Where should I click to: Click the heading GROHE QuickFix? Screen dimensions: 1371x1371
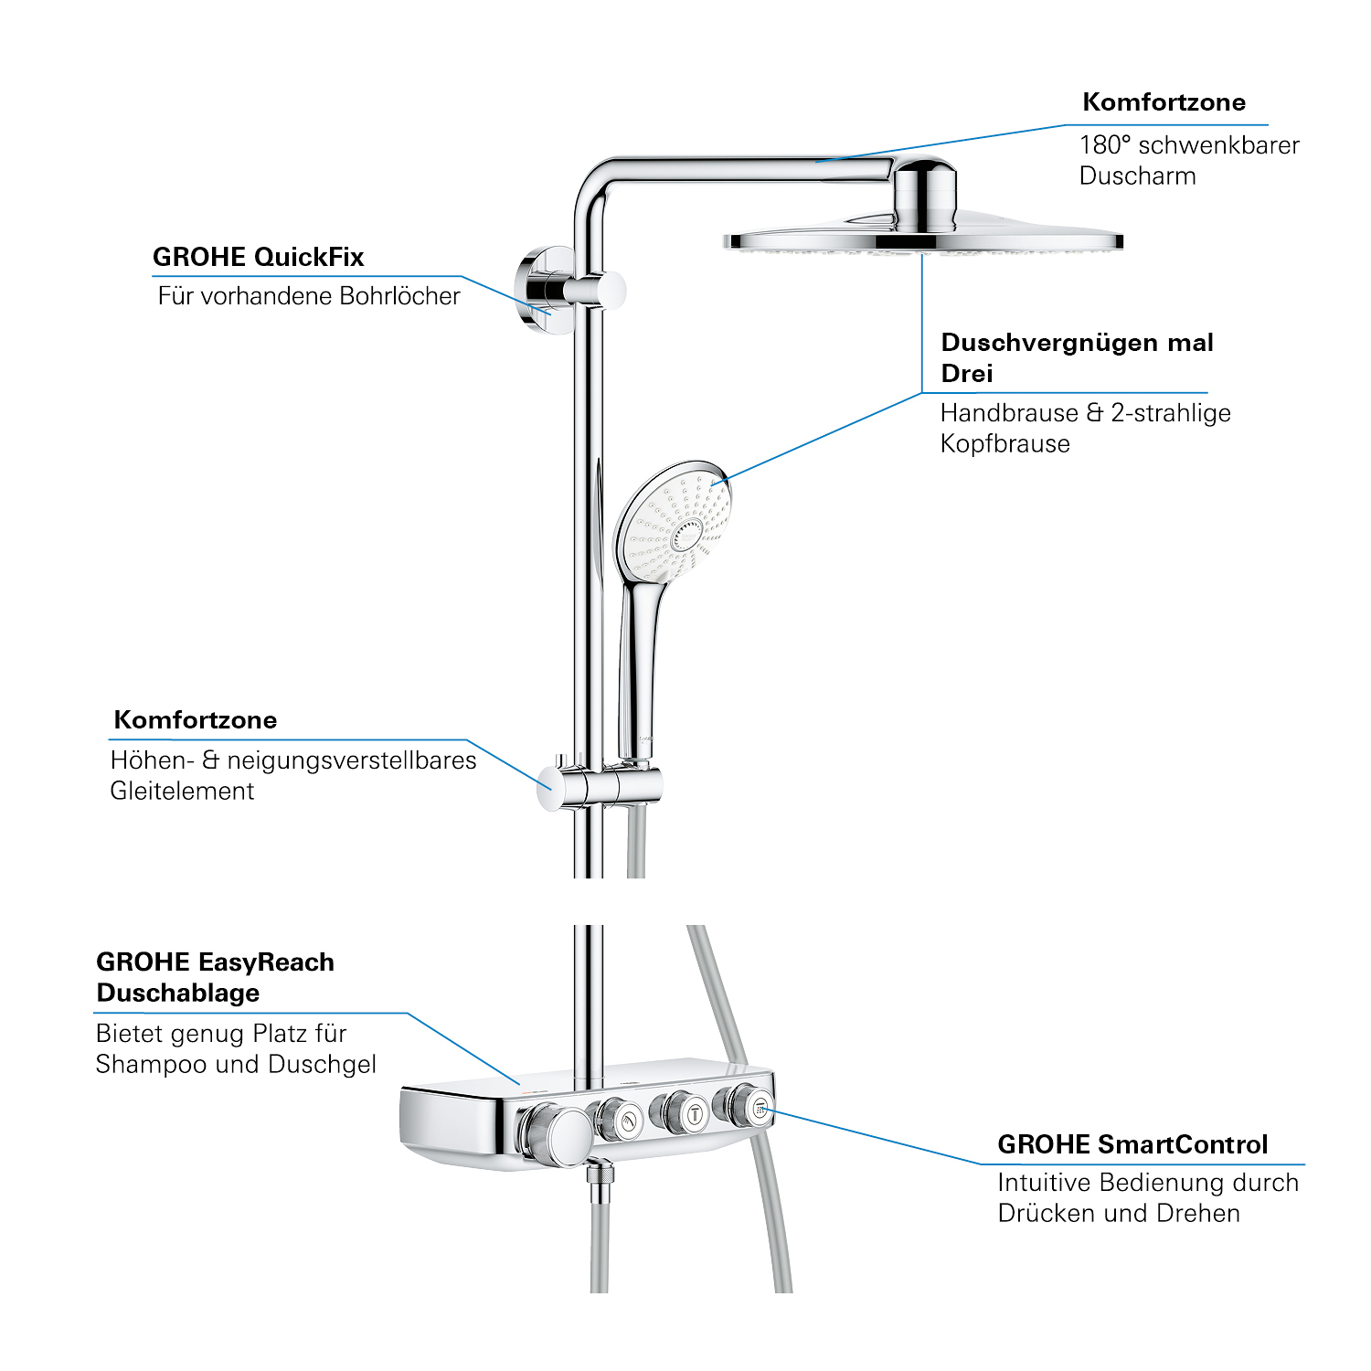click(x=258, y=257)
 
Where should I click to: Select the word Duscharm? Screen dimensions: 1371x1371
click(x=1137, y=176)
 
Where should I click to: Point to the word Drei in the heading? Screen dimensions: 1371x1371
click(x=966, y=374)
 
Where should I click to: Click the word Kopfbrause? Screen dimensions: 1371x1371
click(x=1004, y=444)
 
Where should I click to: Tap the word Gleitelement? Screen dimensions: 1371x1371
click(x=182, y=792)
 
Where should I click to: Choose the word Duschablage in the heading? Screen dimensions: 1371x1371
click(x=177, y=994)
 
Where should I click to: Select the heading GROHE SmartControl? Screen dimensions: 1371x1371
click(x=1132, y=1144)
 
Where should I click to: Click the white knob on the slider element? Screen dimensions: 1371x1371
click(x=550, y=787)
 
